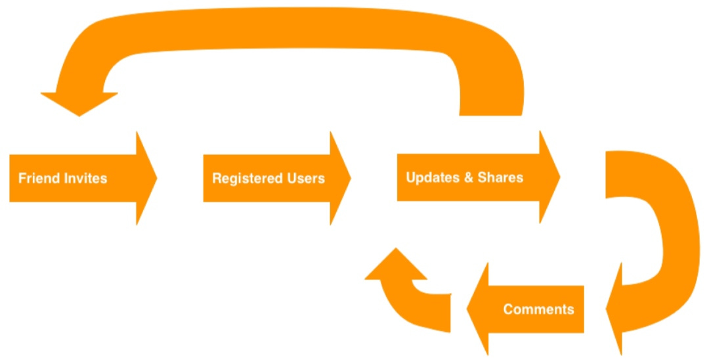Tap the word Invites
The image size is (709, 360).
[83, 178]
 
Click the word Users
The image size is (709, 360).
[305, 178]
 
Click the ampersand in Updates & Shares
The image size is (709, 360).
[467, 177]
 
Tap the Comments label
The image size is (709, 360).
[538, 309]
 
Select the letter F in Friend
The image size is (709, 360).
[22, 178]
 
